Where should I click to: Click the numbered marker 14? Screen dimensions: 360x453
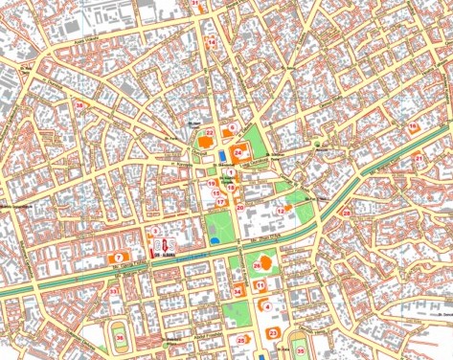click(212, 43)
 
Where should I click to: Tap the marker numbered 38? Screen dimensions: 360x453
click(79, 105)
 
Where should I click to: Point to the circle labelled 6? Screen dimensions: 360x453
click(232, 127)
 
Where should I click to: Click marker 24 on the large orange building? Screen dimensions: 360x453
click(238, 152)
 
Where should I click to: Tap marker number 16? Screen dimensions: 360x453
click(413, 125)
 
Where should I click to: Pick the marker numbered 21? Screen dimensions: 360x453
click(418, 158)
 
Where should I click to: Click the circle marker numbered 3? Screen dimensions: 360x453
click(154, 232)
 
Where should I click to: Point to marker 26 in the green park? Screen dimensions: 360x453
click(257, 264)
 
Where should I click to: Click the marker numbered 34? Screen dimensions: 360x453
click(238, 291)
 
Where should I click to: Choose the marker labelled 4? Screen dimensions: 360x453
click(267, 306)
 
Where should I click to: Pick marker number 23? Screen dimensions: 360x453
click(273, 332)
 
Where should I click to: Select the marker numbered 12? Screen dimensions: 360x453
click(282, 210)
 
